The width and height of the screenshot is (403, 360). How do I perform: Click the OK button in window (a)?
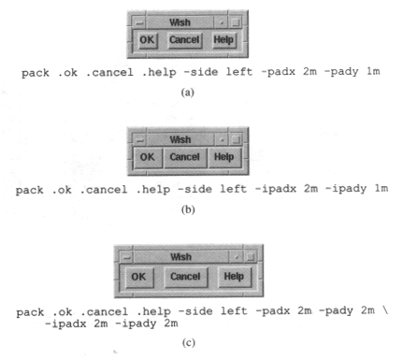147,40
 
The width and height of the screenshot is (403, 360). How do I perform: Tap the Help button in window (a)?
223,40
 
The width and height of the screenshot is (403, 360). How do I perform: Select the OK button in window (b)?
148,157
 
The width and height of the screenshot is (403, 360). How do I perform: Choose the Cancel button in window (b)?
185,157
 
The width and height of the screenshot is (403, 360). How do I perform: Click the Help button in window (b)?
224,157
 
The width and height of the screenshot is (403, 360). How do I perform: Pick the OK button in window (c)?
138,277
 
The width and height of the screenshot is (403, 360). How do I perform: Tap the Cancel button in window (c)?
185,277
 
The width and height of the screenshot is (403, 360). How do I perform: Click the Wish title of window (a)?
180,22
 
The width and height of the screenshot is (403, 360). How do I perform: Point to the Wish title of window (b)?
180,139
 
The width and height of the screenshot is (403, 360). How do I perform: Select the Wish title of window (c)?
180,257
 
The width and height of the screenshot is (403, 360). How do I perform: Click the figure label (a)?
188,93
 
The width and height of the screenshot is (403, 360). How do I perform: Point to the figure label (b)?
188,209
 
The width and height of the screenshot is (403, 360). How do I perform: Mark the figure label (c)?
188,343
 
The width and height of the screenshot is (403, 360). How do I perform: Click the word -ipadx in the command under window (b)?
276,189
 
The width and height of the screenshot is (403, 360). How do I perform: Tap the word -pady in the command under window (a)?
341,72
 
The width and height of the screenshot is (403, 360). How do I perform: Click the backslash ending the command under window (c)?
386,310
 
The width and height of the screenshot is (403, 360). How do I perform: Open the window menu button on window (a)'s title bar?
139,22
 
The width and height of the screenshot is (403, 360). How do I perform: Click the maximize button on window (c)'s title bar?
251,257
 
